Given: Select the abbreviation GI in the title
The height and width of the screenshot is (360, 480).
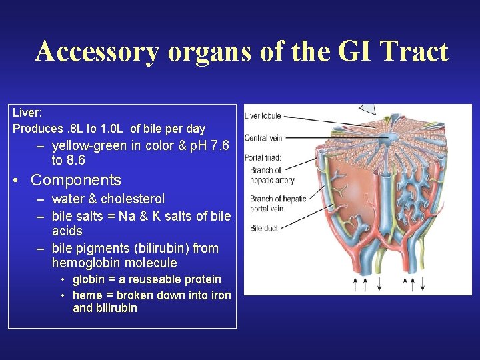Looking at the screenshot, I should coord(339,51).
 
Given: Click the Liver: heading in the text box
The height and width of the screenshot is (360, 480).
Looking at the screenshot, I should coord(27,113).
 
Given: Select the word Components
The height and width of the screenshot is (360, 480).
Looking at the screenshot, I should coord(76,180).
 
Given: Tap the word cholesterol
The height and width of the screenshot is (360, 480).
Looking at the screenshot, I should coord(133,199).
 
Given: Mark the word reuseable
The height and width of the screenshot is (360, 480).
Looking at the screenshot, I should coord(139,279).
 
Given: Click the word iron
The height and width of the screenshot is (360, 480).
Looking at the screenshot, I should coord(221,295).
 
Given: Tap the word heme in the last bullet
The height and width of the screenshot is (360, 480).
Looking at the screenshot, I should coord(87,295).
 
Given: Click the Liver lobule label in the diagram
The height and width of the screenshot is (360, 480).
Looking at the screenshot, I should coord(263,115).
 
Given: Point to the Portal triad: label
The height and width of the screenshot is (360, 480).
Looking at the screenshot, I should coord(263,158).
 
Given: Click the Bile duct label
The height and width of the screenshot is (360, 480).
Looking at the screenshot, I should coord(264,228).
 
